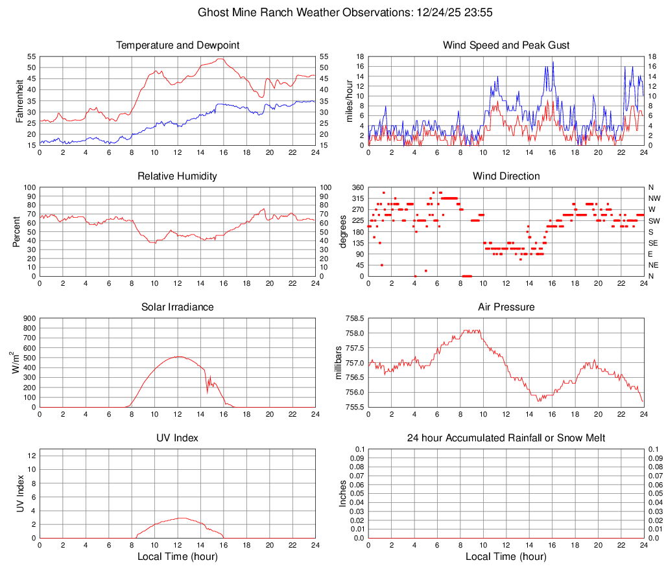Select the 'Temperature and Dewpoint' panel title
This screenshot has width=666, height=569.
pyautogui.click(x=178, y=45)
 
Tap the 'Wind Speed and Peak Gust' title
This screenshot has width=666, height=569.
pyautogui.click(x=506, y=45)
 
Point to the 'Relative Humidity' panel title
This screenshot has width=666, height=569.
pyautogui.click(x=178, y=176)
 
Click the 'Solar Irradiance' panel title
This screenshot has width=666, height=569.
pyautogui.click(x=178, y=307)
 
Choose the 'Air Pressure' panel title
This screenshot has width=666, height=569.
pyautogui.click(x=506, y=307)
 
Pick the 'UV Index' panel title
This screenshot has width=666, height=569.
pyautogui.click(x=178, y=438)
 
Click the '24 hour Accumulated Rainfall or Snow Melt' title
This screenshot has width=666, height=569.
pyautogui.click(x=506, y=438)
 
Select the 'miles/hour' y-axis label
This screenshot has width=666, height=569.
pyautogui.click(x=350, y=100)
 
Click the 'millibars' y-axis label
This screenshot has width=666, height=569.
pyautogui.click(x=339, y=362)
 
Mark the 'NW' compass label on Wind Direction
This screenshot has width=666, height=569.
pyautogui.click(x=654, y=198)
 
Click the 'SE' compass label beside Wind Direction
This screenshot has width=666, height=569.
pyautogui.click(x=654, y=243)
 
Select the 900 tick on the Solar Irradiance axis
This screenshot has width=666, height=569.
pyautogui.click(x=29, y=319)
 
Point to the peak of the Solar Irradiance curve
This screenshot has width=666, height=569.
pyautogui.click(x=178, y=356)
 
